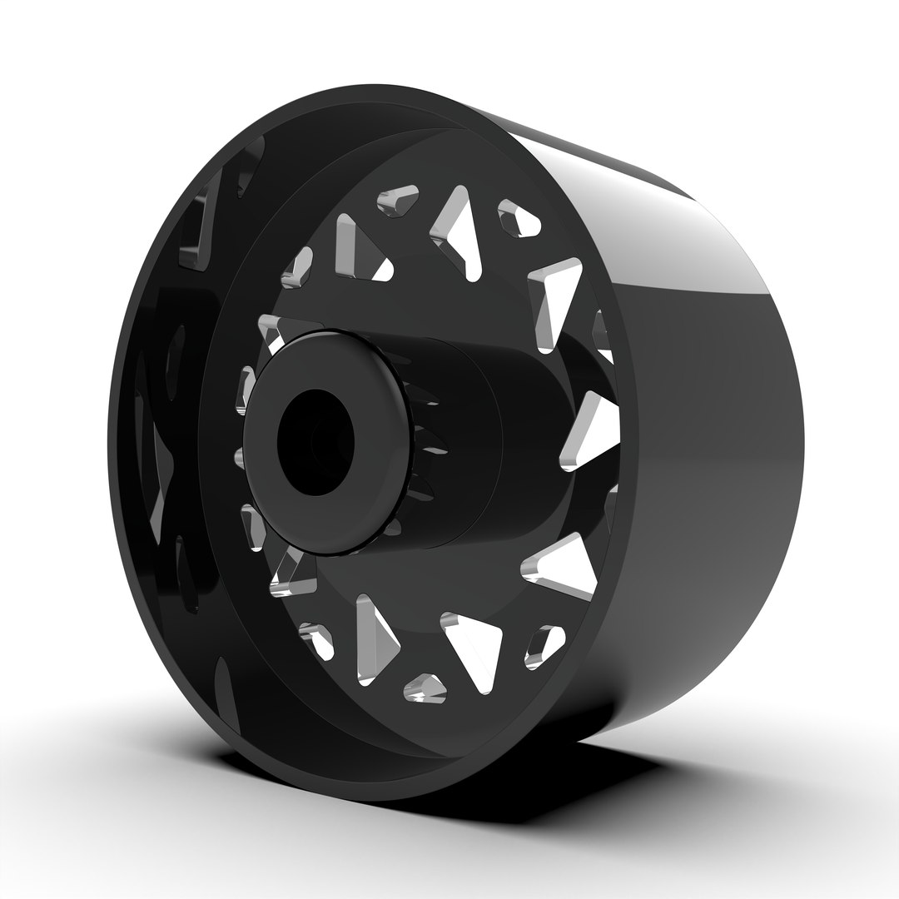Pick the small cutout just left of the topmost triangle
pos(395,201)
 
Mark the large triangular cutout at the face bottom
pos(473,649)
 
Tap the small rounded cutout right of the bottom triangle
pos(544,645)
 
